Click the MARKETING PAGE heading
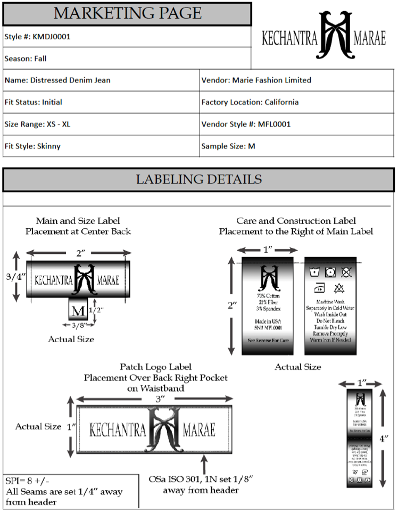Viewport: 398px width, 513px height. coord(127,13)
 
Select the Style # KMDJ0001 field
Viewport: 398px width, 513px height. coord(37,37)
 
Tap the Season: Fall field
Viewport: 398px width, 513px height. coord(26,59)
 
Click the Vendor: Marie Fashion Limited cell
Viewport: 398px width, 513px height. coord(256,80)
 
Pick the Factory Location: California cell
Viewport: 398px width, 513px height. coord(250,102)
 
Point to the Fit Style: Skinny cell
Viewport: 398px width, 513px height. coord(32,146)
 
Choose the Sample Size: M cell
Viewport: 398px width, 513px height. coord(228,146)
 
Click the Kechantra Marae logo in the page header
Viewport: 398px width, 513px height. coord(324,36)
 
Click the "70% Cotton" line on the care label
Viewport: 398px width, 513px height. coord(268,295)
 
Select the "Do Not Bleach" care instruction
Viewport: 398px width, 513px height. coord(330,321)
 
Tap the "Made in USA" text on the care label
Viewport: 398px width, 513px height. coord(268,321)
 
